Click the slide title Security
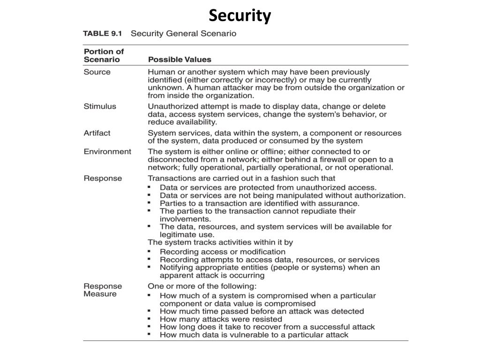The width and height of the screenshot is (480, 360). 240,15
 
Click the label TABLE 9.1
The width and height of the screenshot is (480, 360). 102,34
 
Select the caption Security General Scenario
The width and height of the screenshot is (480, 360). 183,34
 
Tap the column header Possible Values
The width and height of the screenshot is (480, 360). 180,60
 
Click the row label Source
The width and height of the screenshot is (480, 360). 97,72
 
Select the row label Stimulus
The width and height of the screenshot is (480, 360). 99,106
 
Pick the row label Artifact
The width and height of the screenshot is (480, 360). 97,133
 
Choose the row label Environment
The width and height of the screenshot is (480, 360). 107,151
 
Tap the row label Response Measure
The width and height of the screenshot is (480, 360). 103,290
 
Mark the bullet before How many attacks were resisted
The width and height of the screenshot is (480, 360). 149,318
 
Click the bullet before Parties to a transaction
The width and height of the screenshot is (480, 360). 149,203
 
